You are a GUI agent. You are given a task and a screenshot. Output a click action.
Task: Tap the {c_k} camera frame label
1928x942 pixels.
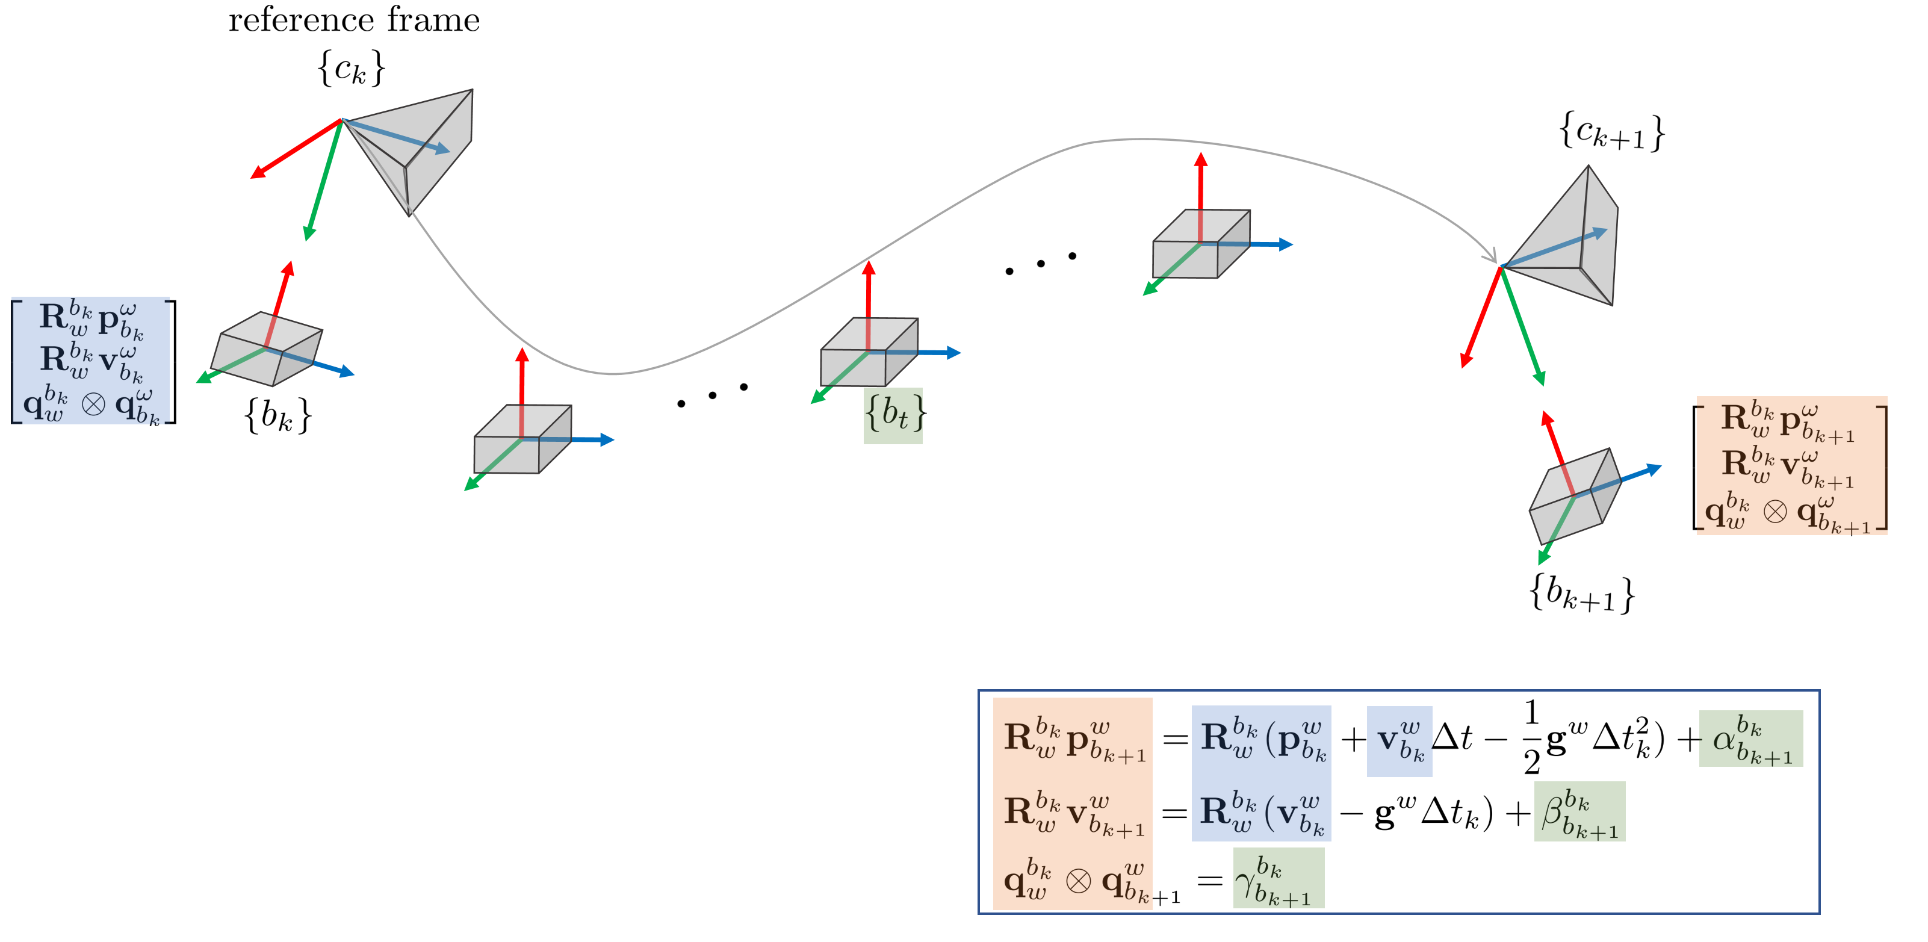(x=351, y=68)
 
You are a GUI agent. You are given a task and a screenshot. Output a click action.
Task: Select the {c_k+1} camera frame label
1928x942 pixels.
(x=1611, y=132)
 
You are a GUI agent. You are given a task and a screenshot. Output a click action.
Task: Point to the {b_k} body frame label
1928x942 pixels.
(x=277, y=415)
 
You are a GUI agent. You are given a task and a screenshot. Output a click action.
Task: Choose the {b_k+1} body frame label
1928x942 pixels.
(x=1581, y=594)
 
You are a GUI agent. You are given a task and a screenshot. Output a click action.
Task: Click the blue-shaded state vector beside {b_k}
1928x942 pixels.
(x=93, y=361)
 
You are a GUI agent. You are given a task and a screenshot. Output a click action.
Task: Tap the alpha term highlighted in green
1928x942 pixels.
(x=1750, y=740)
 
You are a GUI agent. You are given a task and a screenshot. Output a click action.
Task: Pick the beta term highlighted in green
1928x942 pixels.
(x=1579, y=813)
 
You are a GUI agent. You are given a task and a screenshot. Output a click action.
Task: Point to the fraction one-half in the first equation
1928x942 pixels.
(x=1531, y=737)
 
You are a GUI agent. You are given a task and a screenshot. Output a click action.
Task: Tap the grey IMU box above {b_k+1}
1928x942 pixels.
(x=1575, y=495)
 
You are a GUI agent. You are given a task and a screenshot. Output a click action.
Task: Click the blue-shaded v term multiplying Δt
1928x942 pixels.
(x=1399, y=741)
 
